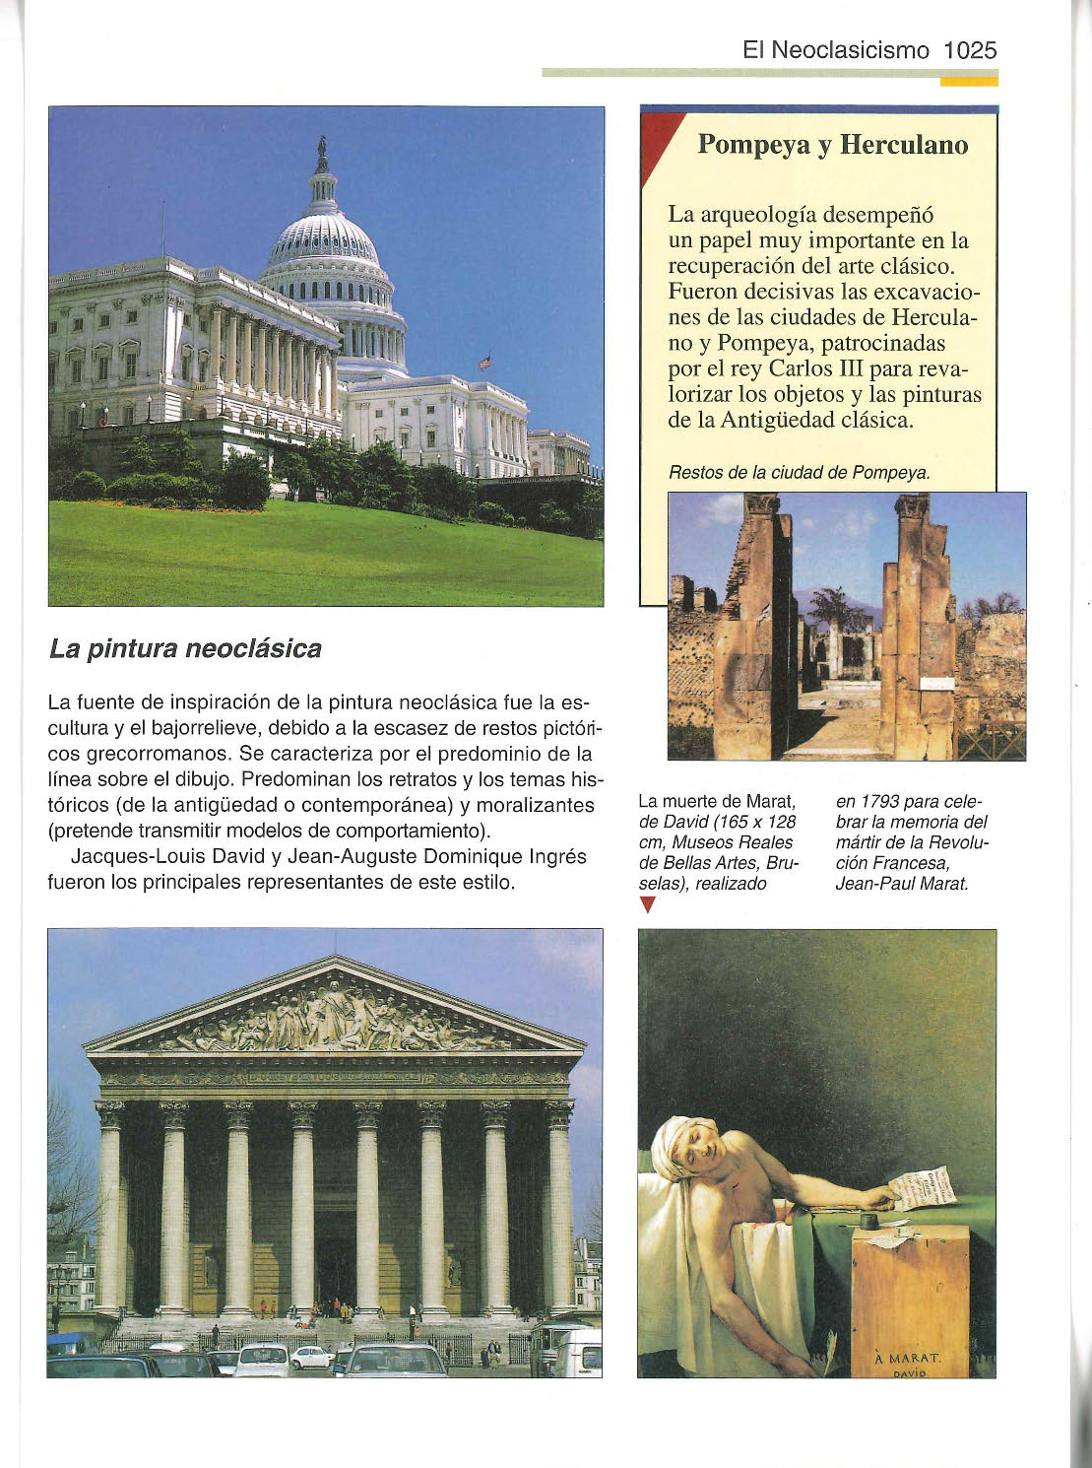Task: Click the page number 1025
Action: click(x=970, y=50)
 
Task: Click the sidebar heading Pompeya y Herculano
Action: click(x=832, y=145)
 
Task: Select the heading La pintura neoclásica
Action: click(x=185, y=649)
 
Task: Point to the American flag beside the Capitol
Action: click(x=484, y=363)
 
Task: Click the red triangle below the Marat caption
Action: click(x=647, y=905)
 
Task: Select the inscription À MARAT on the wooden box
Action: click(x=908, y=1358)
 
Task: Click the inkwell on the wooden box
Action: click(x=868, y=1221)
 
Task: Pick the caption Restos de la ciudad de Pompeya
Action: click(x=799, y=473)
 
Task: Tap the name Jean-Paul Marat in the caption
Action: click(x=902, y=884)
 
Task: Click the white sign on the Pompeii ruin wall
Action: click(x=937, y=683)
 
